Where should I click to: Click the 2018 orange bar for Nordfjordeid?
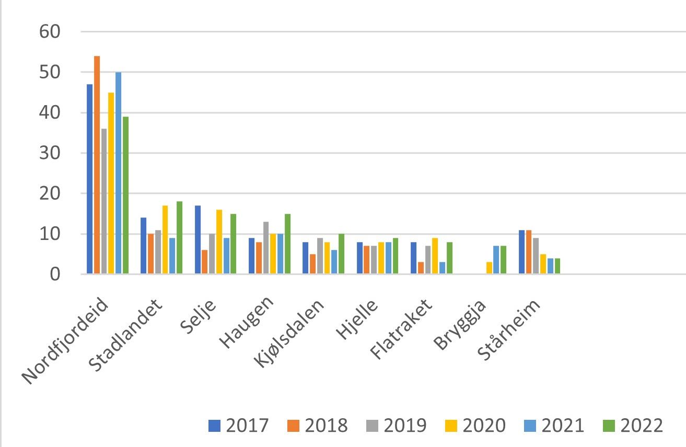click(x=97, y=165)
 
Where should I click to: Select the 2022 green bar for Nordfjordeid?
click(x=126, y=195)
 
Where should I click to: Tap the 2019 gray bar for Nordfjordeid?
click(x=104, y=201)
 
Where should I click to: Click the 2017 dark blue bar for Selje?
click(x=197, y=239)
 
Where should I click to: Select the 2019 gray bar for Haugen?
click(x=266, y=248)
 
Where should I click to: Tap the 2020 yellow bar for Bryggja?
click(x=490, y=268)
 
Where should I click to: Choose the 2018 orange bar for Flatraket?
click(x=421, y=268)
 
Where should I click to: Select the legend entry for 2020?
click(x=476, y=426)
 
